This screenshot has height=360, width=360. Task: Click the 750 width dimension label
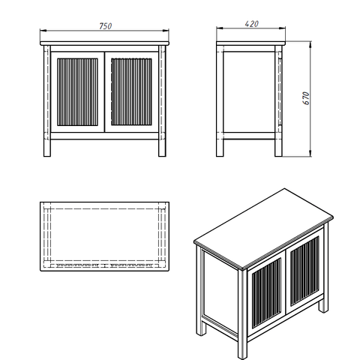pos(106,26)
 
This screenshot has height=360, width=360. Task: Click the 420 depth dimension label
pos(252,24)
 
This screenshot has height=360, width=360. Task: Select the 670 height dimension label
pos(306,98)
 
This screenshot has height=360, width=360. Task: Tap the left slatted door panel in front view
pos(77,92)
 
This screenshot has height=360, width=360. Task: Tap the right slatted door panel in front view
pos(131,92)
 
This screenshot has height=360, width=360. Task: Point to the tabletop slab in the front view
pos(104,43)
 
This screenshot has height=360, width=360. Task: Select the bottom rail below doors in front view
pos(104,136)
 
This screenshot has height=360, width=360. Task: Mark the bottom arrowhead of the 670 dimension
pos(310,153)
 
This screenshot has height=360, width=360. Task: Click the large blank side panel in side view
pos(249,92)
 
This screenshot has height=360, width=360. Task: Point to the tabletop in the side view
pos(250,43)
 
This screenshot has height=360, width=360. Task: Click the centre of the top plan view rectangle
pos(104,236)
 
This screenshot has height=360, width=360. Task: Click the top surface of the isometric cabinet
pos(264,229)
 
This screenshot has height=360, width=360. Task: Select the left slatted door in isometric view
pos(266,293)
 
